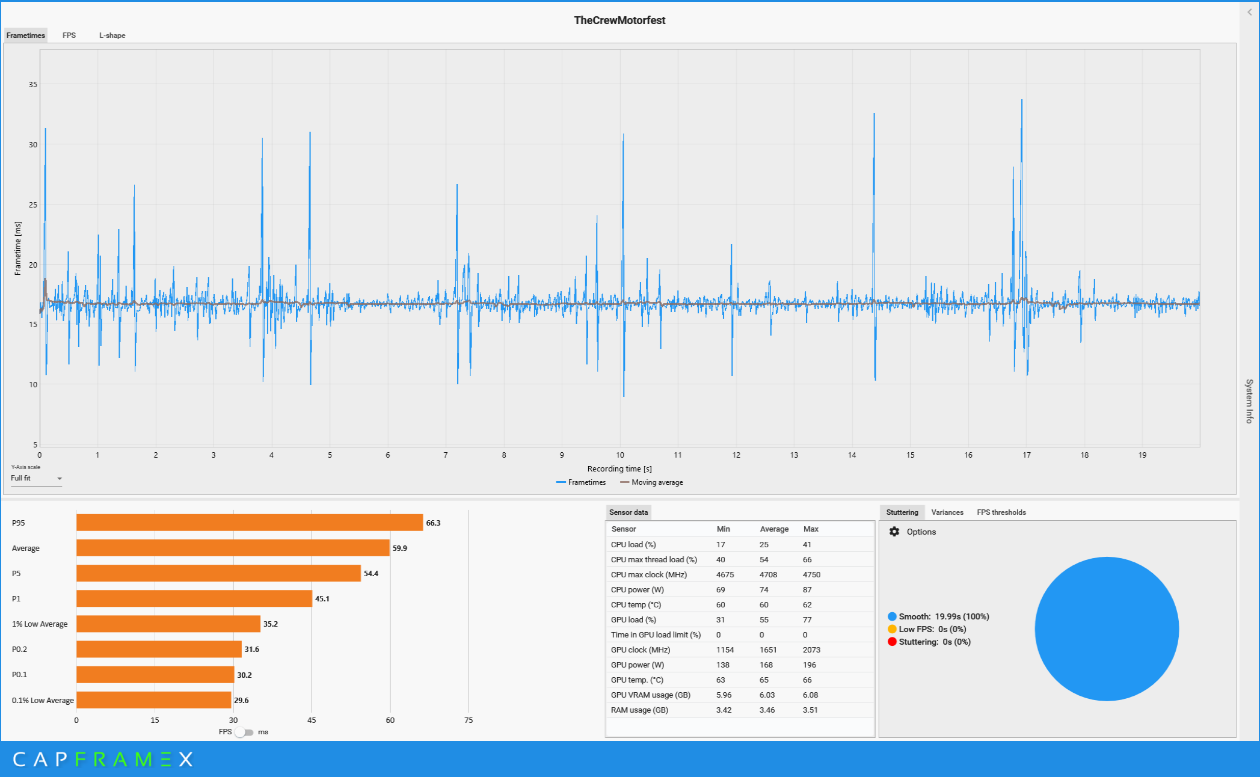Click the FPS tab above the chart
click(69, 35)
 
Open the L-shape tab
click(112, 35)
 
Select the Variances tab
click(947, 512)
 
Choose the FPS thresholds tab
click(1001, 512)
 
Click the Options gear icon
click(894, 532)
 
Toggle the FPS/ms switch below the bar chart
click(244, 732)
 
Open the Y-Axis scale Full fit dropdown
click(36, 479)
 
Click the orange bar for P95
click(250, 523)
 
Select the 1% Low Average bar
click(168, 624)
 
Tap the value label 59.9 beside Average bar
click(400, 548)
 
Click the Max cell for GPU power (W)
click(810, 665)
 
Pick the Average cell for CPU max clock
click(768, 574)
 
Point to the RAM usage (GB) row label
click(639, 710)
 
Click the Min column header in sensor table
click(723, 529)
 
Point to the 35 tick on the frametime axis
click(33, 85)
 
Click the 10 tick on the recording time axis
click(620, 455)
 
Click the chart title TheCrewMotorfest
click(619, 20)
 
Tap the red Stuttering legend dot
click(892, 642)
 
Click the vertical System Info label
click(1249, 401)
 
